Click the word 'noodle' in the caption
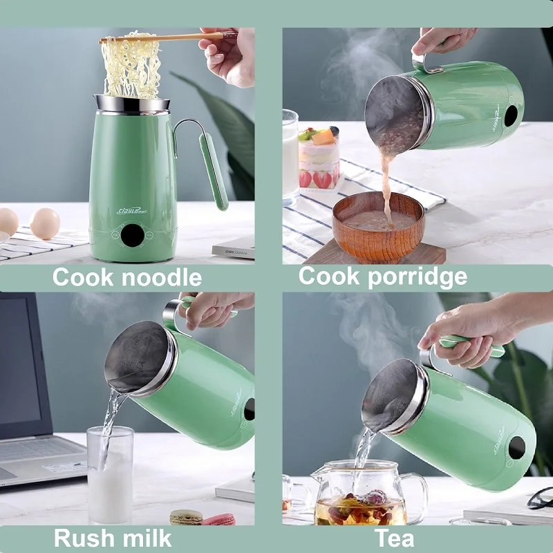pyautogui.click(x=158, y=278)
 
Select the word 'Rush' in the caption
pyautogui.click(x=83, y=538)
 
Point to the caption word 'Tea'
pyautogui.click(x=395, y=538)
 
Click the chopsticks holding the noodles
pyautogui.click(x=166, y=37)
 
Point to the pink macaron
pyautogui.click(x=218, y=519)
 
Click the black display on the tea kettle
pyautogui.click(x=516, y=448)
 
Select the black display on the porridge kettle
pyautogui.click(x=511, y=117)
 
